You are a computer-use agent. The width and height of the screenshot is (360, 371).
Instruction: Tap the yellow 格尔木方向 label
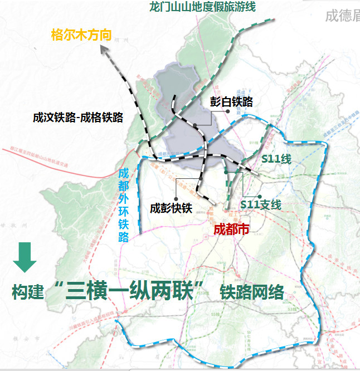click(81, 35)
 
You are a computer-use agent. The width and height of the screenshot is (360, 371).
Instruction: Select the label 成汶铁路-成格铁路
click(78, 117)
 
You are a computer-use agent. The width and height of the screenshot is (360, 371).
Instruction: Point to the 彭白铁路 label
click(232, 101)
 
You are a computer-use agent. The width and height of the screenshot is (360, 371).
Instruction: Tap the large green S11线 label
click(277, 159)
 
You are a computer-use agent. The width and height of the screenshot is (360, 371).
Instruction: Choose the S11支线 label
click(261, 204)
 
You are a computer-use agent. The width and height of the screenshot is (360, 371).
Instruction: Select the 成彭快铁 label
click(171, 208)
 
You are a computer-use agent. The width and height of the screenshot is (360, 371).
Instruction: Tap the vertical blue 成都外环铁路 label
click(124, 203)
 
